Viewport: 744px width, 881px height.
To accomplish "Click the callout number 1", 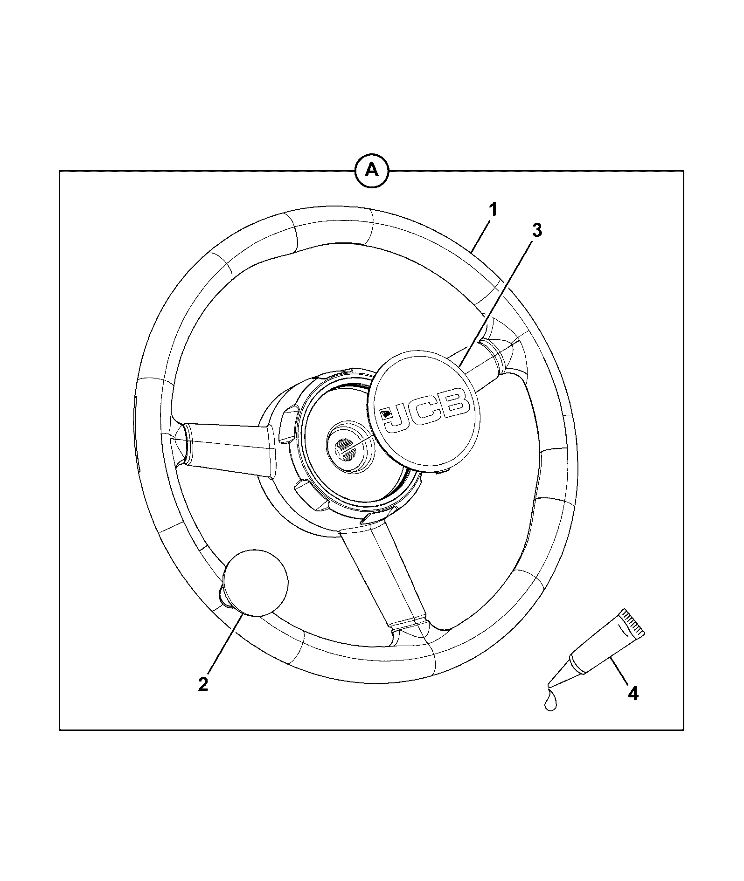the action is click(x=493, y=210).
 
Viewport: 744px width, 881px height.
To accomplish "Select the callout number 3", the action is click(x=537, y=230).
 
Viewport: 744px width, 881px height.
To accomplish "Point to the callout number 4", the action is click(x=633, y=707).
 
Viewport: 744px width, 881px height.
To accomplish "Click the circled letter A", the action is click(x=371, y=171).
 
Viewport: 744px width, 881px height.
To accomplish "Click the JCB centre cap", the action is click(x=422, y=412).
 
